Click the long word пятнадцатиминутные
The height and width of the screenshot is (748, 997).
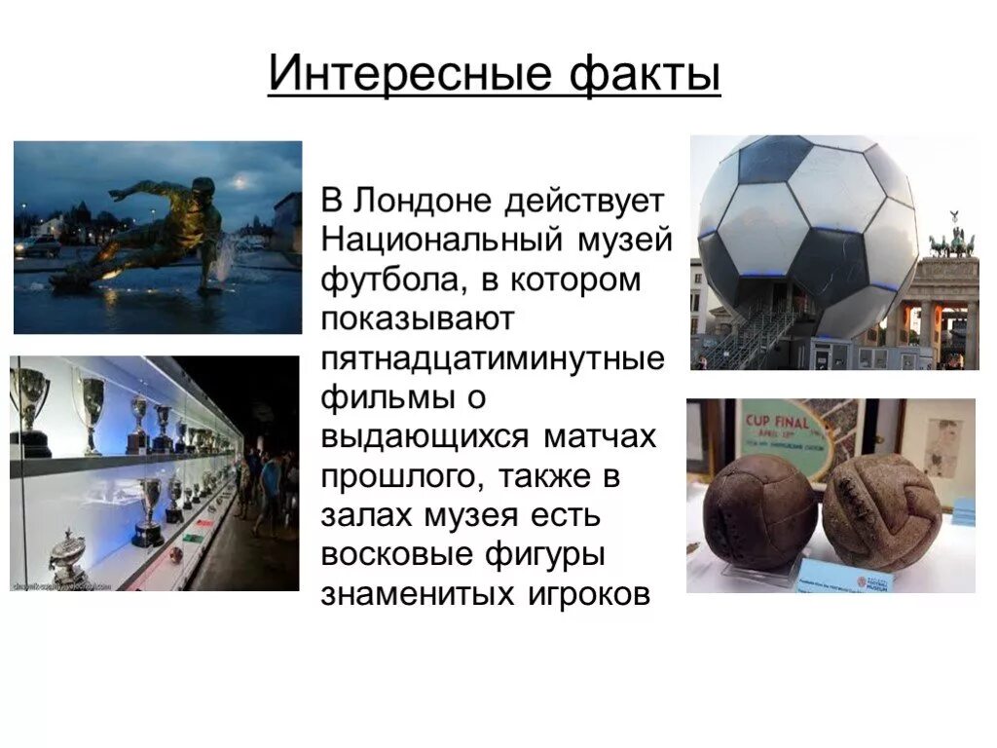493,358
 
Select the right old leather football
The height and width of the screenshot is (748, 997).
881,510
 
